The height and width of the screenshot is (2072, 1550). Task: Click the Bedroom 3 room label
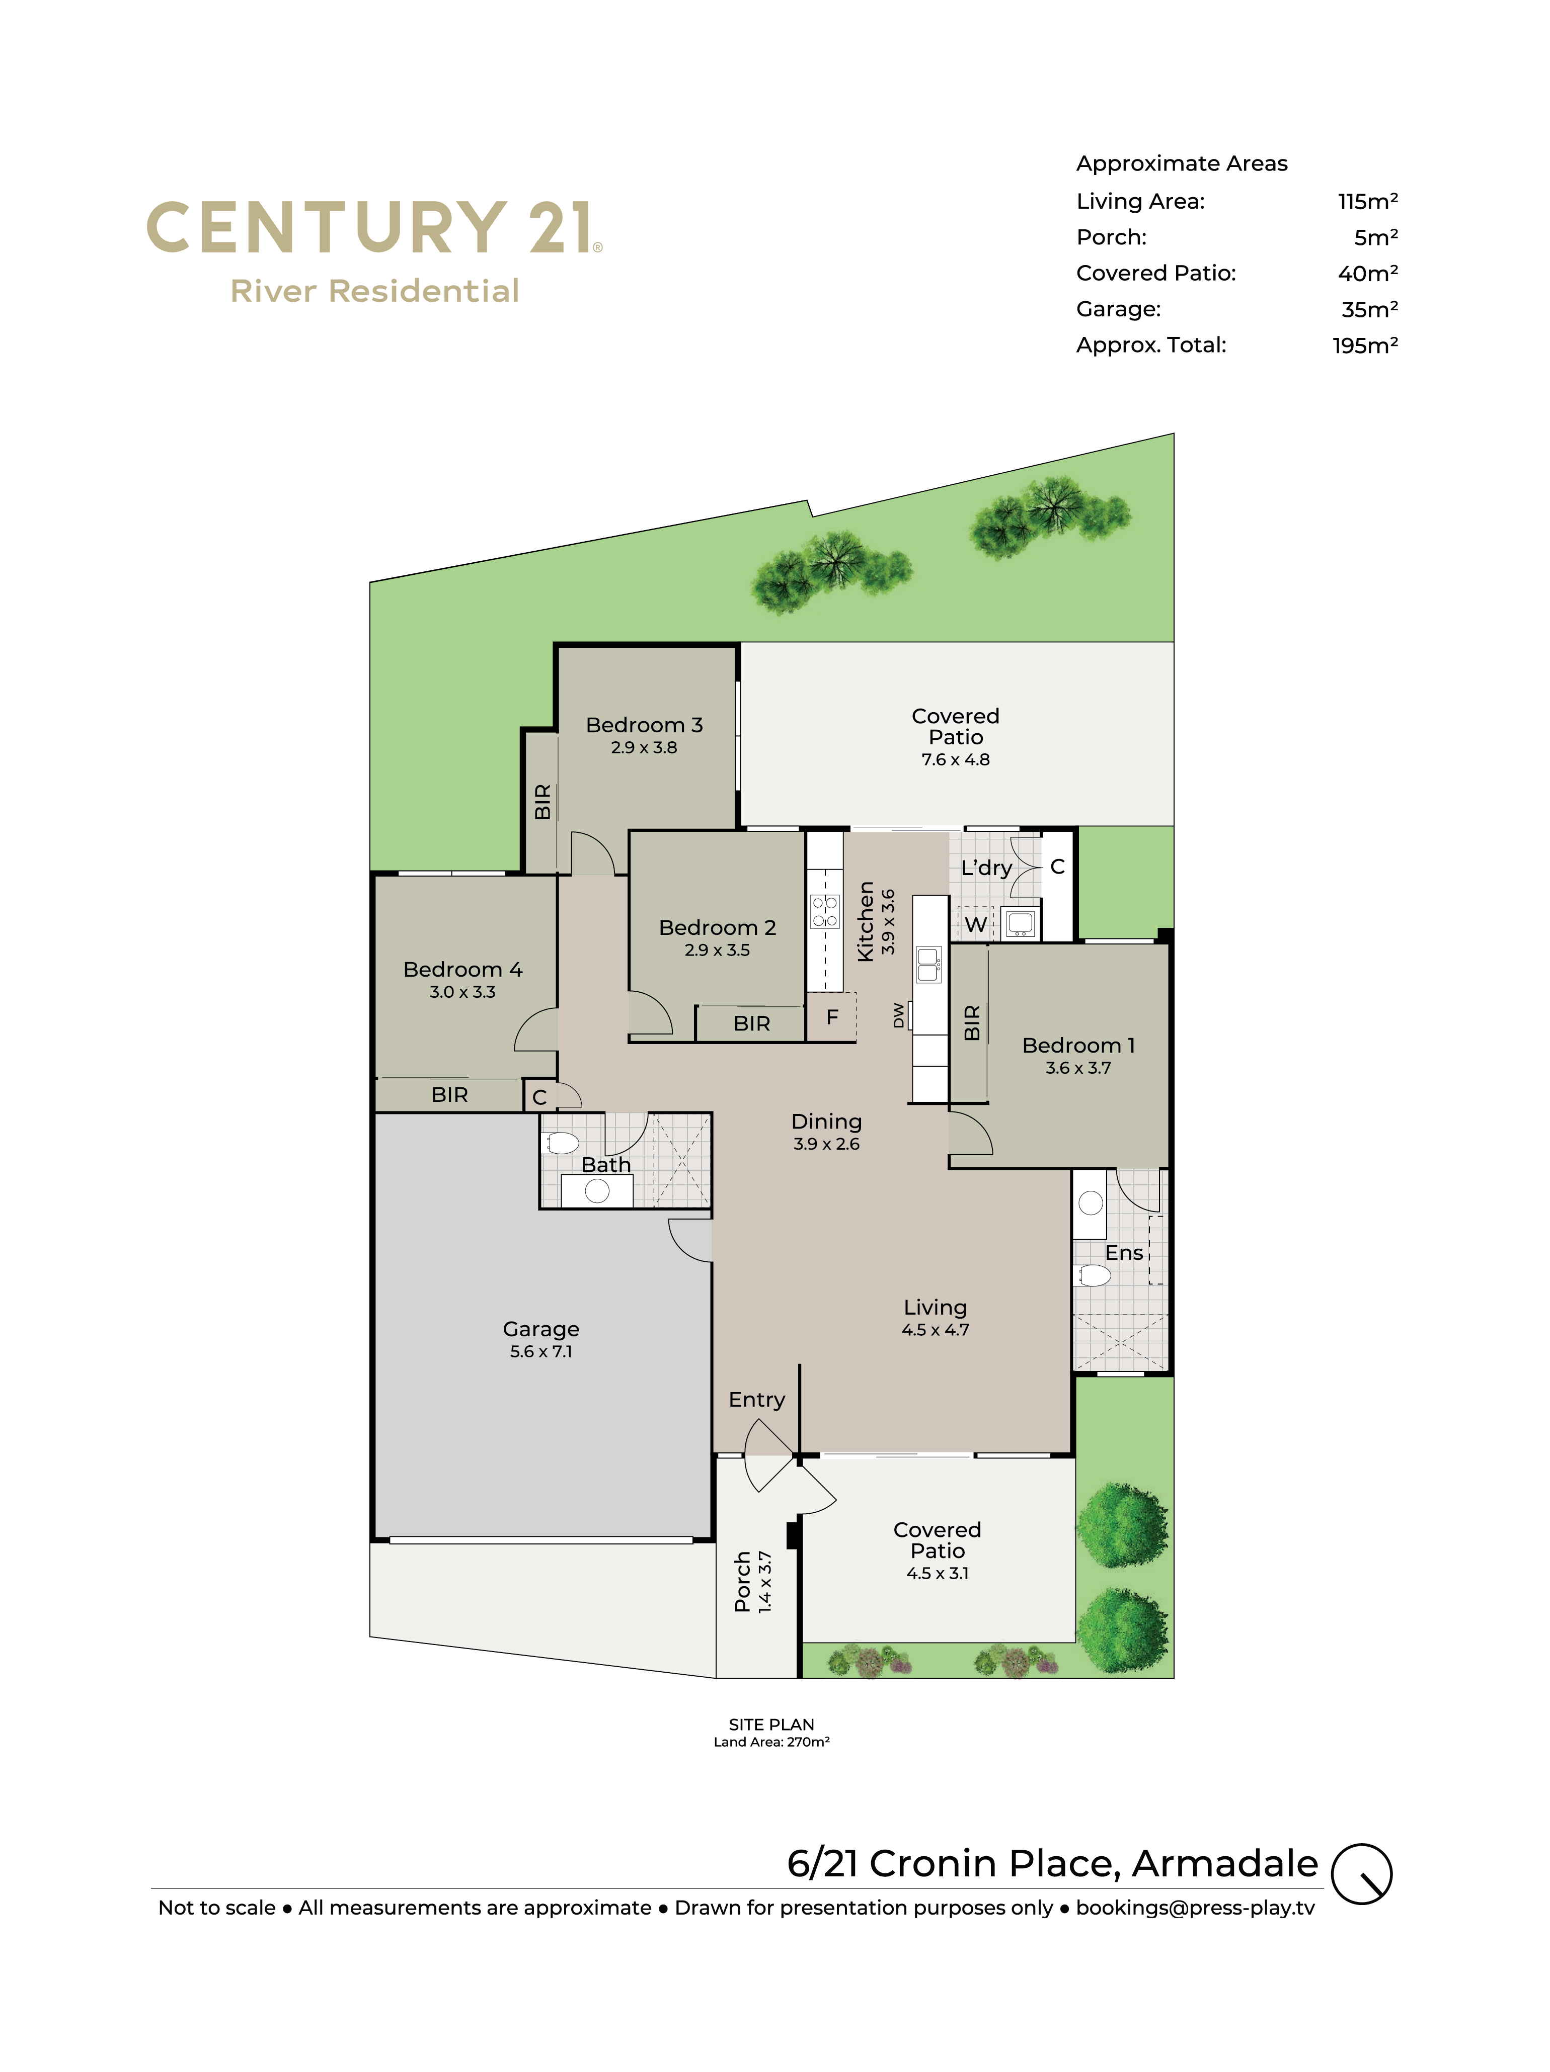[644, 725]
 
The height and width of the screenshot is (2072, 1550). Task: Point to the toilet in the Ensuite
[1094, 1275]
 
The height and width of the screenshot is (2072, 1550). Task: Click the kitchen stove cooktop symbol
[825, 911]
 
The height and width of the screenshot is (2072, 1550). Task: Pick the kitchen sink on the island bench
[928, 964]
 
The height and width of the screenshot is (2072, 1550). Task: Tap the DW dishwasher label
[899, 1014]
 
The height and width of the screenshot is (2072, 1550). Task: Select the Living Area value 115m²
[1367, 201]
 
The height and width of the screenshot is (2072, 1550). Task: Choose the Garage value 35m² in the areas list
[1369, 309]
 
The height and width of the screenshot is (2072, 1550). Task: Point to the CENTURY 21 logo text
[373, 228]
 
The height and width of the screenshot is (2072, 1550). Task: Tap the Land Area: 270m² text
[771, 1742]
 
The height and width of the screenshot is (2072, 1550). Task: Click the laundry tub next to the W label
[1020, 923]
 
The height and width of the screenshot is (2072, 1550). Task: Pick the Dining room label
[826, 1121]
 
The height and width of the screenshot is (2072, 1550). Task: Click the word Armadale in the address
[1225, 1863]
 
